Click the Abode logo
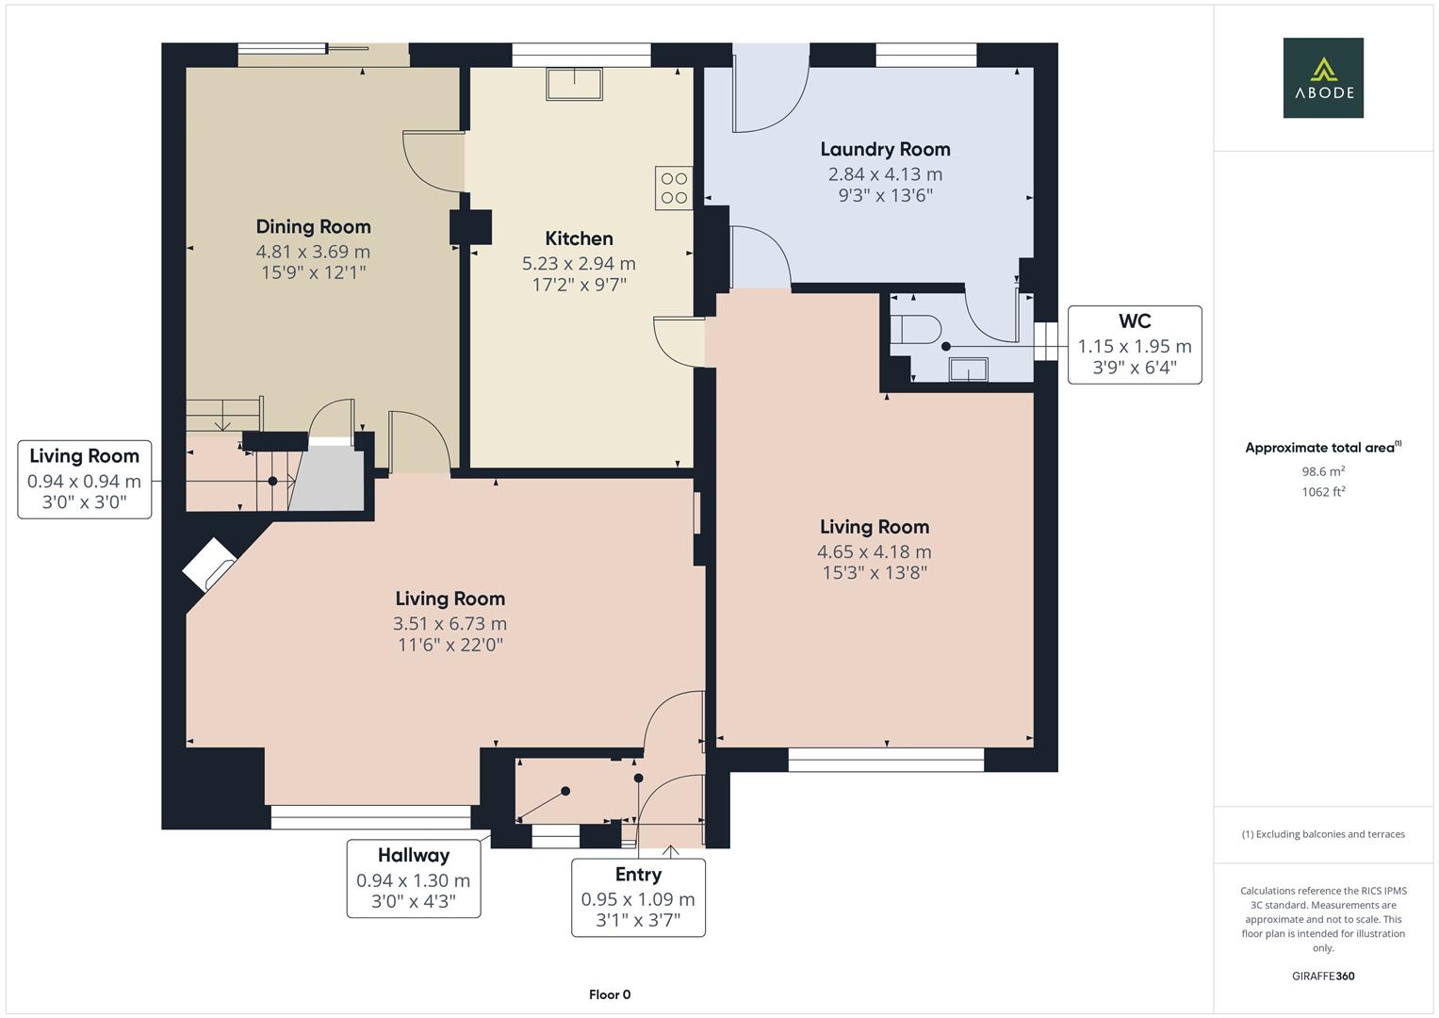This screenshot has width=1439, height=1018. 1322,77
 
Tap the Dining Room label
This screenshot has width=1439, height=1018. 313,226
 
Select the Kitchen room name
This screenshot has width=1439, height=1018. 579,238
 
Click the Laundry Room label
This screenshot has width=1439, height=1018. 885,149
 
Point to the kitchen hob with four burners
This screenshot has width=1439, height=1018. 674,188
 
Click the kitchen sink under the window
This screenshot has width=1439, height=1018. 574,84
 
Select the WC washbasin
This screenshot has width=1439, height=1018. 968,369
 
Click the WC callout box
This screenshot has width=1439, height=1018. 1134,345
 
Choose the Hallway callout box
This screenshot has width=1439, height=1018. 413,878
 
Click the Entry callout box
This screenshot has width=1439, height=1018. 638,897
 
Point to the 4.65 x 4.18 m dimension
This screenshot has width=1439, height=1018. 874,551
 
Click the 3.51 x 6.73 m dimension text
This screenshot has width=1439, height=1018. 450,623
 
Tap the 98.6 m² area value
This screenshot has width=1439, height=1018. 1323,471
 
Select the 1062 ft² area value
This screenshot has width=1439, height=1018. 1323,491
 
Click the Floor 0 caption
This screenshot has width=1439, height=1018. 610,994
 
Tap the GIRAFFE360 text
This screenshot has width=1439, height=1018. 1323,976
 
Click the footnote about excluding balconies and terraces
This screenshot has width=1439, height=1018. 1323,834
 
